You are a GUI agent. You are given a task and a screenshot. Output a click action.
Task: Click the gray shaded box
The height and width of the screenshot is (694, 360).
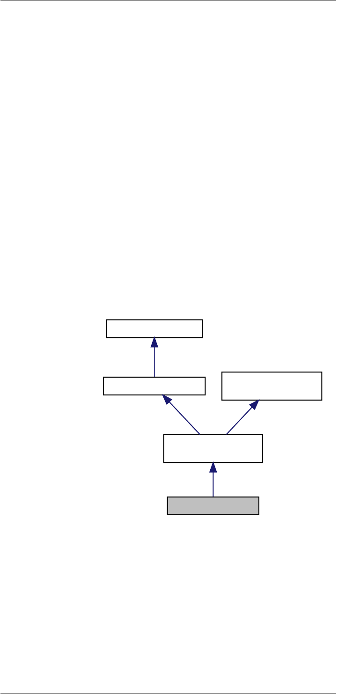click(213, 506)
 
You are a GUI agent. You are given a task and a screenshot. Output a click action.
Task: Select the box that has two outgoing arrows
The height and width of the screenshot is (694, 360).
click(213, 448)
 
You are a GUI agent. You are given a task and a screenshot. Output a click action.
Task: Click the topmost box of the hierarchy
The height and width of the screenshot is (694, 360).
click(154, 329)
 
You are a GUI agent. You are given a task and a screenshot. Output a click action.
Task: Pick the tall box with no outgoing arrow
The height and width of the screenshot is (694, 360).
click(272, 386)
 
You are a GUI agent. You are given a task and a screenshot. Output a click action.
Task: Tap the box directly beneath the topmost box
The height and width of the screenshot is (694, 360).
click(154, 386)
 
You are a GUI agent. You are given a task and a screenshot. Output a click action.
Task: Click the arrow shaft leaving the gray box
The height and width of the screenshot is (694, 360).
click(213, 485)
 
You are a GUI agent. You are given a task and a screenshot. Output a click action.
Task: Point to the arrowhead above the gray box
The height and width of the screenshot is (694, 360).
click(213, 468)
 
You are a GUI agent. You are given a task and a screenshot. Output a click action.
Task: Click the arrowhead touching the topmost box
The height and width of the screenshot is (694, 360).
click(154, 343)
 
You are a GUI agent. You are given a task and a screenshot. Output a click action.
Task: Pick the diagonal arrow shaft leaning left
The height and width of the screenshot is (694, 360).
click(184, 417)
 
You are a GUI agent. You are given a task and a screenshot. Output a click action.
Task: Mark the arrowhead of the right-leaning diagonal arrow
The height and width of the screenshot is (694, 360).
click(255, 404)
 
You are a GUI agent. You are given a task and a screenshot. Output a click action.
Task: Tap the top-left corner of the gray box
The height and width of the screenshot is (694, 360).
click(168, 497)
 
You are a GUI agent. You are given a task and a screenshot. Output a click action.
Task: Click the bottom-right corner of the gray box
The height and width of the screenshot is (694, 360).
click(258, 515)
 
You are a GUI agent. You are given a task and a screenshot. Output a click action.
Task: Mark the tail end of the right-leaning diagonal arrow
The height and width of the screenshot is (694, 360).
click(226, 434)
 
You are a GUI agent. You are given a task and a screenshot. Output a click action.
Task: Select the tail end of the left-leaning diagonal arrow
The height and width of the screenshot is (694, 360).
click(200, 434)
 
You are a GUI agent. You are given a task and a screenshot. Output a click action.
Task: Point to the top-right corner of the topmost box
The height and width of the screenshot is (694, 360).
click(202, 320)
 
